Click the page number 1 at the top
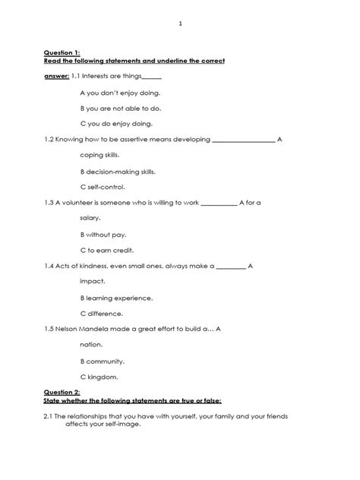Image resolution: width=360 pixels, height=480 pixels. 180,24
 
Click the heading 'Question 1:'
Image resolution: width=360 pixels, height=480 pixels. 63,53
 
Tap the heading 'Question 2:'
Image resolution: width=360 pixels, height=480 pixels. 63,393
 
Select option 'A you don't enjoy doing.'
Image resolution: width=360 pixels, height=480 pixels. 120,92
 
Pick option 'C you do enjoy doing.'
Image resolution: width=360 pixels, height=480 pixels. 116,124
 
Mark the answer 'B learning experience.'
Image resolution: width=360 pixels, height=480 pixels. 116,298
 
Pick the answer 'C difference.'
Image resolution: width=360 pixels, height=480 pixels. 101,313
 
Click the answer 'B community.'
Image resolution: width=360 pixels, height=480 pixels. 102,361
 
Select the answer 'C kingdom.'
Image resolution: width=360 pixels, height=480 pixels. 99,377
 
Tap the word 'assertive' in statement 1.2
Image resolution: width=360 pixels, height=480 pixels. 128,140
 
